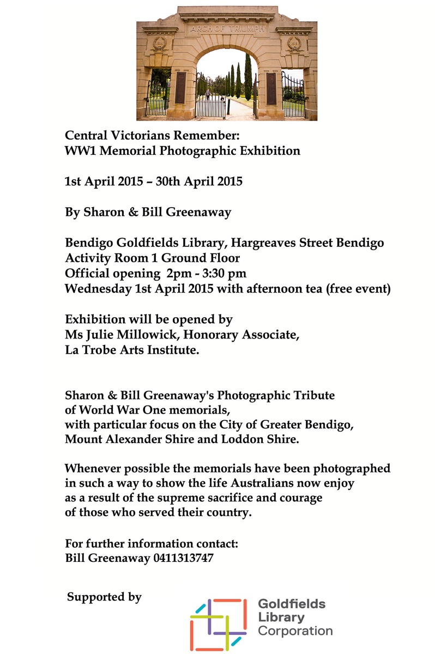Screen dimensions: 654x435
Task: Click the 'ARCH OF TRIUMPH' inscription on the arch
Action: pos(226,28)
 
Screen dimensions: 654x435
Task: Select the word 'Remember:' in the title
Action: pos(210,134)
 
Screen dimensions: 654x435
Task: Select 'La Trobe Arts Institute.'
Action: pos(132,350)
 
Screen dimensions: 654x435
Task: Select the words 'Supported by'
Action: pos(104,597)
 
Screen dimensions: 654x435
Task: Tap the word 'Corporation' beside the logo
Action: pos(295,632)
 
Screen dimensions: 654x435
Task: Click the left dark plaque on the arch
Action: pos(180,87)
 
